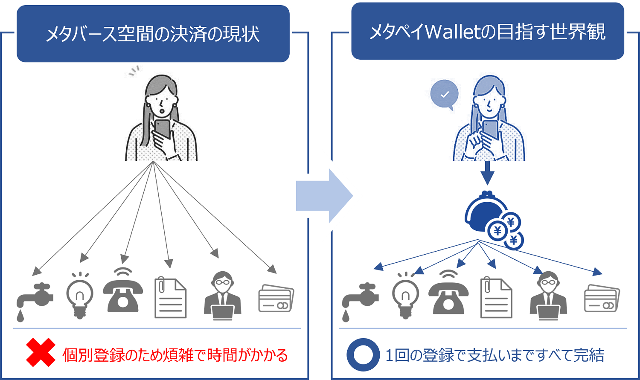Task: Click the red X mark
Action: coord(41,353)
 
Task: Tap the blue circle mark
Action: coord(363,354)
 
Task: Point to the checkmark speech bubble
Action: coord(445,95)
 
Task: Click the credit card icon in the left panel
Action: coord(276,299)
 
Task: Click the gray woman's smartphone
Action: coord(163,128)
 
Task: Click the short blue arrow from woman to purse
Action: coord(487,172)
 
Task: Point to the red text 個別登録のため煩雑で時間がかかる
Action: coord(175,355)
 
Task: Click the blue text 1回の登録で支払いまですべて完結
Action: coord(495,355)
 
